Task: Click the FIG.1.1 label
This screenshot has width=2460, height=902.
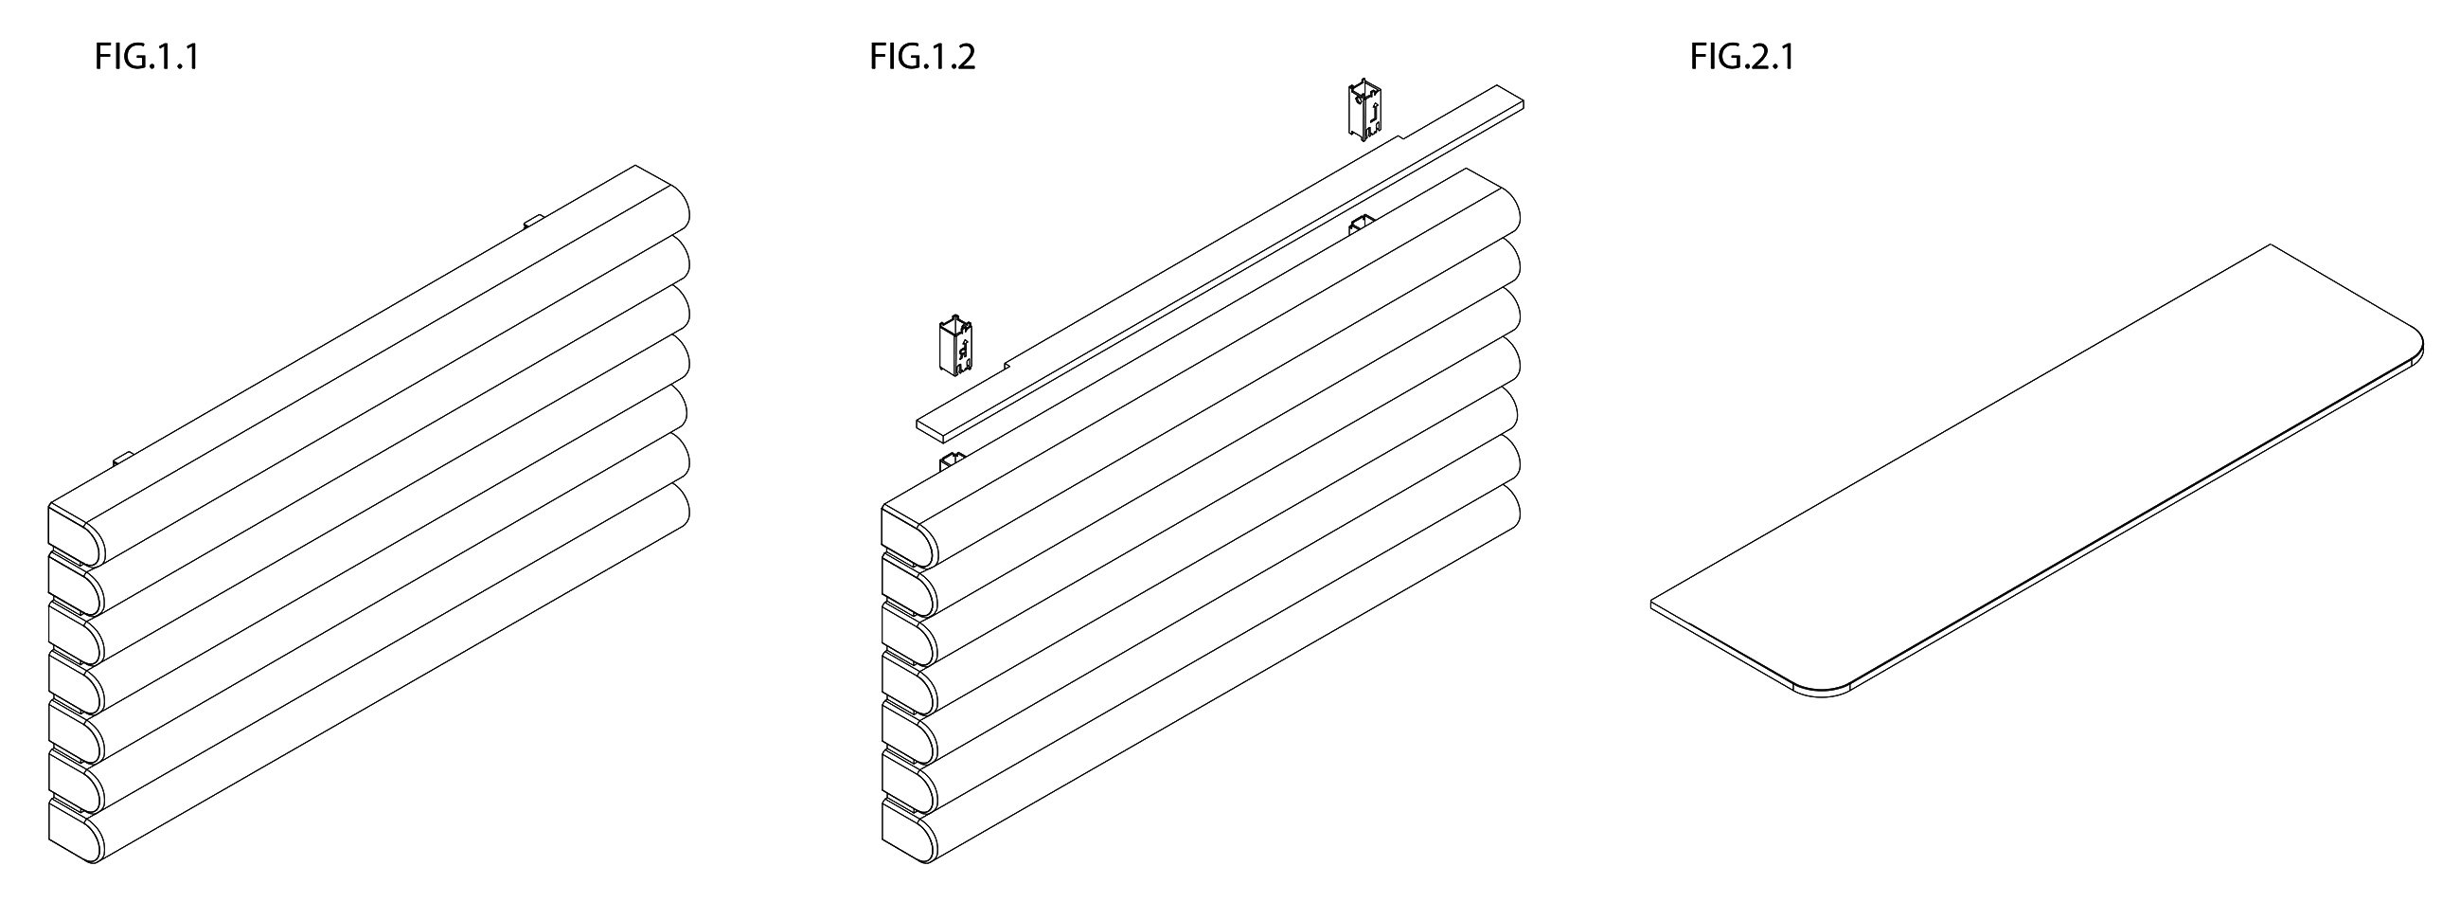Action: click(147, 58)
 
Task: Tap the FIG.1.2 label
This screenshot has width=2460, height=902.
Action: click(922, 58)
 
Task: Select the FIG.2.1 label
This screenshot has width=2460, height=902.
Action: click(1742, 58)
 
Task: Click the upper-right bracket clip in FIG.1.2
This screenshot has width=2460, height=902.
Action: click(1365, 112)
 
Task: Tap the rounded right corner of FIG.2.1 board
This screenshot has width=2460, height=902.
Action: click(2414, 352)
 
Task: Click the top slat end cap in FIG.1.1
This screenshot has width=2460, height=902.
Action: click(75, 534)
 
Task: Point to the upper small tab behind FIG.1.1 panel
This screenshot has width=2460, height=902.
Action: click(534, 222)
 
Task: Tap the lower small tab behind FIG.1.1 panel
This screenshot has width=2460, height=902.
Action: click(123, 460)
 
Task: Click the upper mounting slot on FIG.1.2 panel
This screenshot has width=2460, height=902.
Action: click(1361, 225)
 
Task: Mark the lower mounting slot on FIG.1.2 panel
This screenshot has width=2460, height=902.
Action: click(953, 462)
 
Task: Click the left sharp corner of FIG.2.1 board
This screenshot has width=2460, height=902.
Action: click(1652, 604)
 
